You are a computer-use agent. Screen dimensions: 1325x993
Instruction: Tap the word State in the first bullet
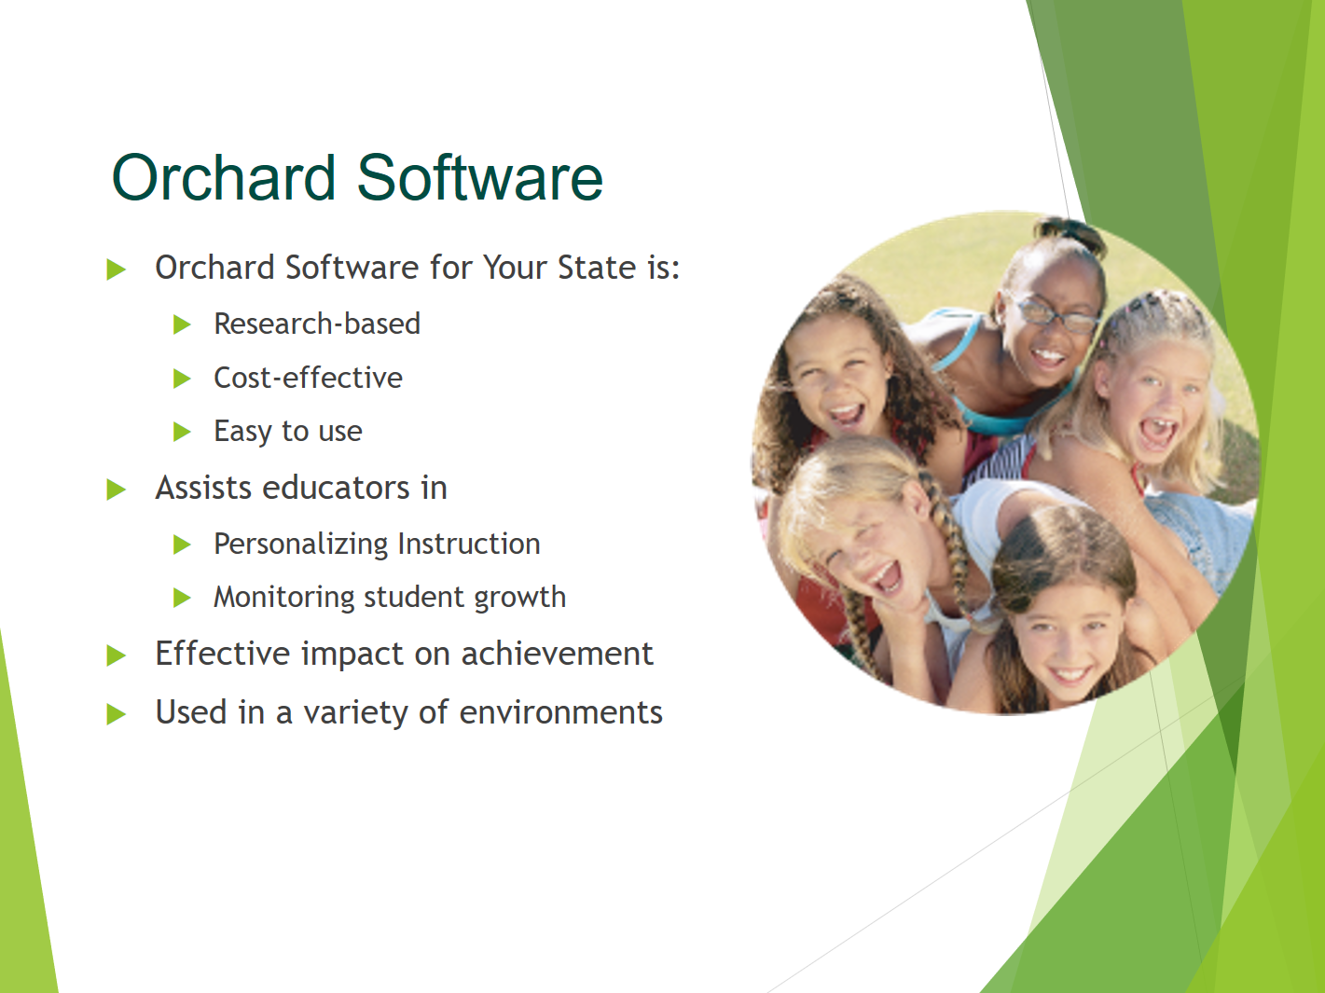click(x=596, y=267)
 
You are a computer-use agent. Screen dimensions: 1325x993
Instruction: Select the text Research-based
click(x=317, y=324)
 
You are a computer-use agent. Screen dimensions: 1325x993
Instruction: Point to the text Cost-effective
click(x=308, y=378)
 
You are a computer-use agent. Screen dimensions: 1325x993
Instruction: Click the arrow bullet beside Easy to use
click(x=183, y=432)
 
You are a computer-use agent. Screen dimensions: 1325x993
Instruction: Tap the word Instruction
click(x=469, y=544)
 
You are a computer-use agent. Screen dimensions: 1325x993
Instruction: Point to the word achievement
click(x=558, y=654)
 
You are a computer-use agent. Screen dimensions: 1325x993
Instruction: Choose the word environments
click(x=560, y=712)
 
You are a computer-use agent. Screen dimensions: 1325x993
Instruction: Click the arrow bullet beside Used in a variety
click(x=116, y=714)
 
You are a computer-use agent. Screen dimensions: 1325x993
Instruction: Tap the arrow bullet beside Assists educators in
click(x=116, y=490)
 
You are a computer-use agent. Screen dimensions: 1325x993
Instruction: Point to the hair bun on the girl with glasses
click(x=1070, y=231)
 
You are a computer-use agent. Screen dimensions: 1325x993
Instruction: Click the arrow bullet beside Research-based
click(x=183, y=324)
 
